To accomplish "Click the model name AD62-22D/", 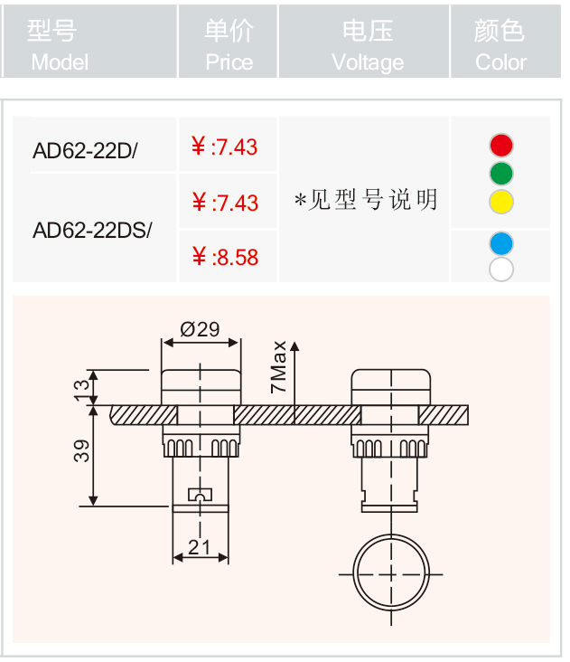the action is [85, 150].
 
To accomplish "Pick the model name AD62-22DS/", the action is [92, 230].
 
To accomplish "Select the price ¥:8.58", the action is [225, 257].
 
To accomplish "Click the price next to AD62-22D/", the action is [224, 147].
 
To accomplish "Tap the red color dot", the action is [501, 146].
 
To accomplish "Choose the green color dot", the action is [501, 174].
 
